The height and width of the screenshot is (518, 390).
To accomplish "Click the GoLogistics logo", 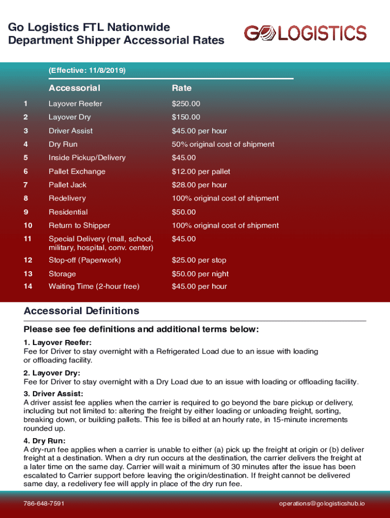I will coord(305,33).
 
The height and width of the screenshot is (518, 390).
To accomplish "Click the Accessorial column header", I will coord(74,88).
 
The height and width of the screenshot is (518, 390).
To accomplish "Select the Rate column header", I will coord(181,88).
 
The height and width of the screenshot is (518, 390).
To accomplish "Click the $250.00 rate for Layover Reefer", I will coord(186,104).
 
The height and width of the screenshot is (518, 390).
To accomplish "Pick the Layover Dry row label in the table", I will coord(69,117).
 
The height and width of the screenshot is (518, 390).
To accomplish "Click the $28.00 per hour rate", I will coord(199,185).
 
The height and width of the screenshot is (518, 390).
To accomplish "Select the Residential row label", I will coord(68,212).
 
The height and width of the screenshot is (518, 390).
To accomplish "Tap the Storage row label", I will coord(62,274).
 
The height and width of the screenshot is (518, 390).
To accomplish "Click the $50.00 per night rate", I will coord(200,274).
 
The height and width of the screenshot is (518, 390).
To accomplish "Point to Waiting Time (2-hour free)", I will coord(94,286).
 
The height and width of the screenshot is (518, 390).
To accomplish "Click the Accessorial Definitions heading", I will coord(81,311).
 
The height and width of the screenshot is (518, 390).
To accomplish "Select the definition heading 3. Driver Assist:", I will coord(53,394).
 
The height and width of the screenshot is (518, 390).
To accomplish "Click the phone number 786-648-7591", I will coord(44,504).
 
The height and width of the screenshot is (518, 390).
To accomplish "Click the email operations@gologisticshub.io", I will coord(322,504).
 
